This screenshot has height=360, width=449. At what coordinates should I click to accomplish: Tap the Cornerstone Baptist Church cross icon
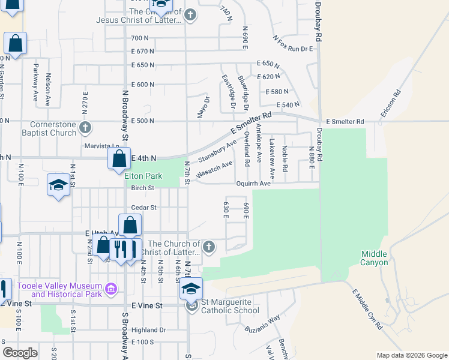pyautogui.click(x=85, y=127)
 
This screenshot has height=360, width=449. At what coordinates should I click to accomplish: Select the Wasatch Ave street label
pyautogui.click(x=214, y=168)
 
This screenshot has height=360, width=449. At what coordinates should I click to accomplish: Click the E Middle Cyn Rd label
pyautogui.click(x=367, y=309)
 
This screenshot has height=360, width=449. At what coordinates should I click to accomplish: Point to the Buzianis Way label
pyautogui.click(x=263, y=325)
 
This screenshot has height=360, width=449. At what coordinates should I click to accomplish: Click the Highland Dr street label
pyautogui.click(x=148, y=330)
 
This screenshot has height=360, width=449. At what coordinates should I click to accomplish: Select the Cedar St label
pyautogui.click(x=144, y=208)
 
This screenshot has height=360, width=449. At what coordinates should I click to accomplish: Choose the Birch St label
pyautogui.click(x=143, y=188)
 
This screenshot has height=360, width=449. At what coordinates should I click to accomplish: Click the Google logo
pyautogui.click(x=20, y=353)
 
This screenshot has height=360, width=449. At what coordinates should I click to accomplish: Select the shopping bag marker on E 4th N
pyautogui.click(x=119, y=159)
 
